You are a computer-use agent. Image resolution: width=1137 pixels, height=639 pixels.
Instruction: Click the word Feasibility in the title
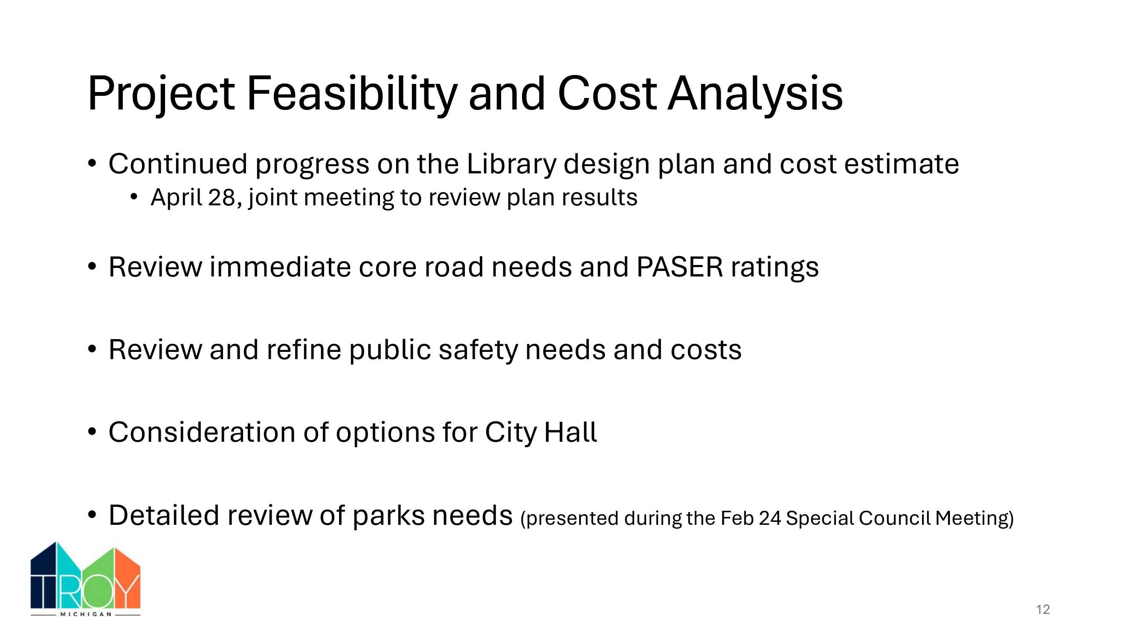(352, 94)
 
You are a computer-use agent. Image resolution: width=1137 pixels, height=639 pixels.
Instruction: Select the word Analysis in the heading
(755, 93)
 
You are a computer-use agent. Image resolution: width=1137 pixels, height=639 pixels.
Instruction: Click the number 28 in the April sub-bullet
(222, 197)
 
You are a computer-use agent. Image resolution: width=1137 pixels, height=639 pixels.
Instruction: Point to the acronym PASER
(680, 267)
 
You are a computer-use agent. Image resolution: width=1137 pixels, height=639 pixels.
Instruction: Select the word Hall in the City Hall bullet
(571, 432)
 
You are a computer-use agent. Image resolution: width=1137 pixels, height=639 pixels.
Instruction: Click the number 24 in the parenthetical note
(770, 518)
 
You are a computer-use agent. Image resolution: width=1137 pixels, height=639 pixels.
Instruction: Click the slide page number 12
(1043, 610)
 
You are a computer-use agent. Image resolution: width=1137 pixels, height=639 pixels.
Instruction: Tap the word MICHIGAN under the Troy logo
(86, 614)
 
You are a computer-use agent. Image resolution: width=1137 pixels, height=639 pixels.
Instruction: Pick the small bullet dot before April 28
(134, 197)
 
